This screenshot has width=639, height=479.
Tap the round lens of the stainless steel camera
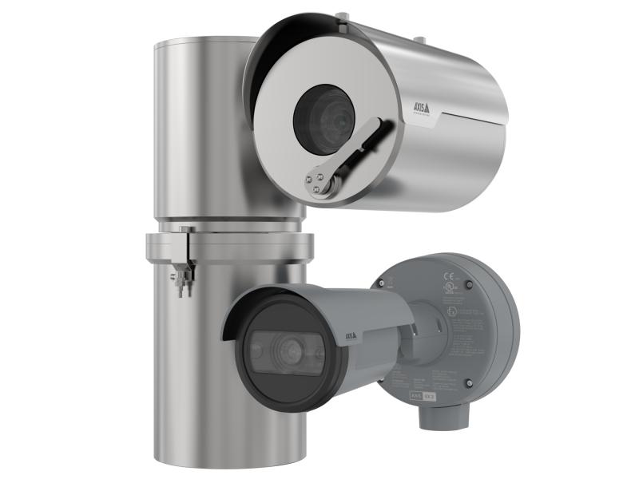tap(323, 120)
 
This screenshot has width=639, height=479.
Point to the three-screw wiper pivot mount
tap(319, 182)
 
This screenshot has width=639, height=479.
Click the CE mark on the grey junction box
tap(448, 279)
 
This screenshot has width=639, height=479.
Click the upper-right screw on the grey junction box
tap(469, 284)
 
